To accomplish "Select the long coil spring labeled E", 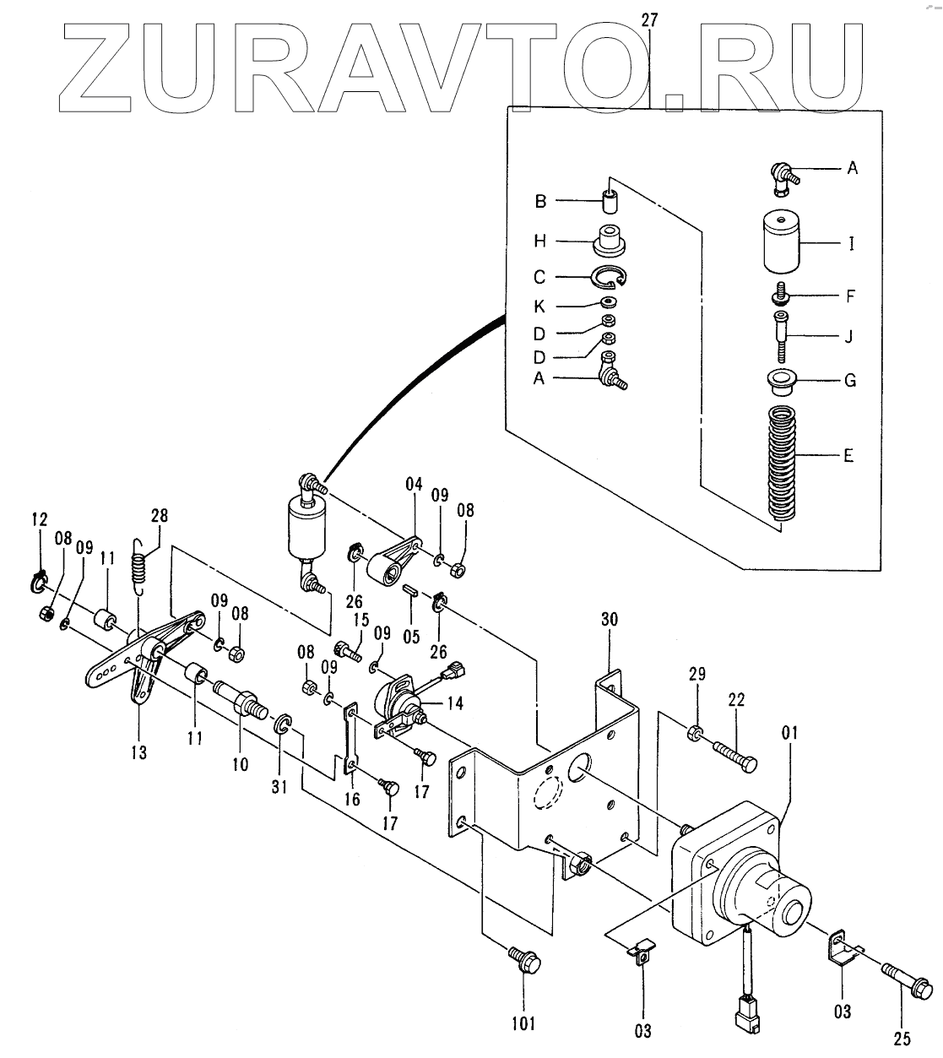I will pos(781,464).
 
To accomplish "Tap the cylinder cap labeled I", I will pos(783,242).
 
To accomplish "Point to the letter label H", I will pos(540,241).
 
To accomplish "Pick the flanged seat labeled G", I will pos(783,380).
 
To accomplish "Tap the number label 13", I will pos(138,752).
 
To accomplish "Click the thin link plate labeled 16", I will pos(350,740).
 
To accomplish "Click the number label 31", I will pos(279,788).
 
